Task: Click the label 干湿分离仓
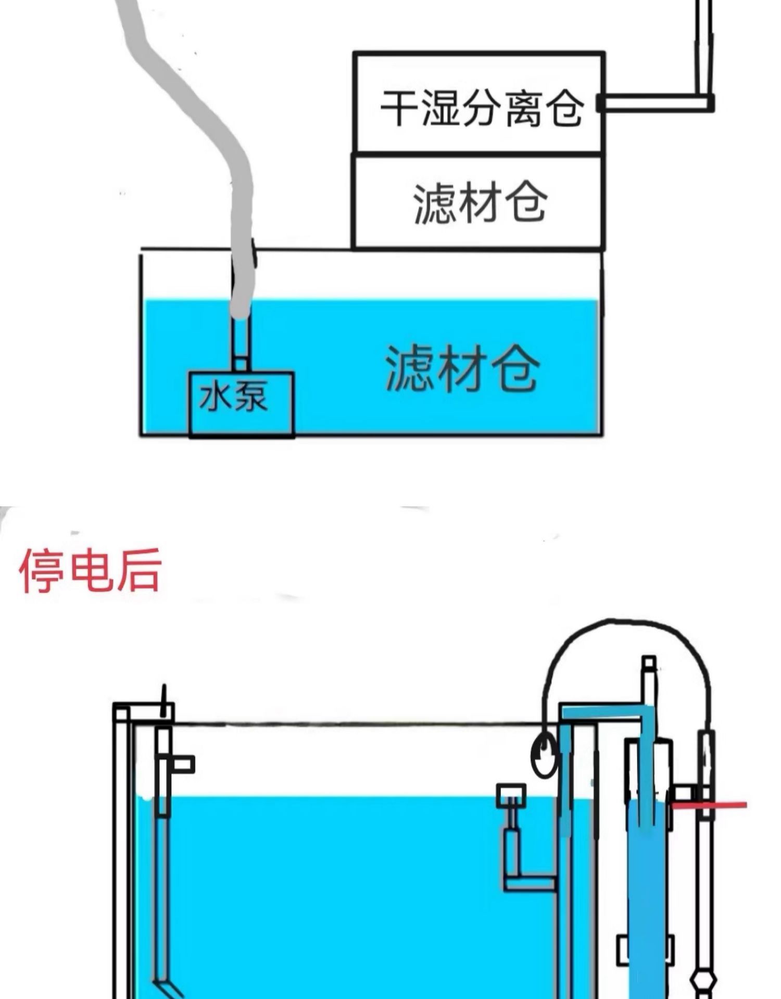coord(482,108)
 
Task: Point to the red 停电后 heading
coord(90,571)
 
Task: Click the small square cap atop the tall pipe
coord(649,663)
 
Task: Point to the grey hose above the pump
coord(208,130)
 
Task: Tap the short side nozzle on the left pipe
coord(182,765)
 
